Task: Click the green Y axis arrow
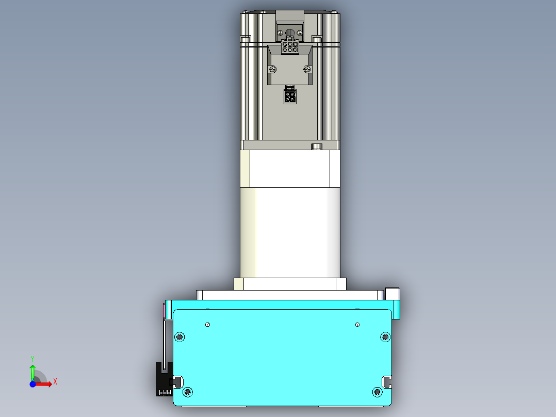tap(32, 371)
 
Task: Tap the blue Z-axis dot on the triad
tap(32, 384)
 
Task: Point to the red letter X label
tap(55, 381)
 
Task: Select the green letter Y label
tap(32, 358)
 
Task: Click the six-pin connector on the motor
tap(290, 47)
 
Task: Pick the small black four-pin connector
tap(290, 96)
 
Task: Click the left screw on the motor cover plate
tap(272, 69)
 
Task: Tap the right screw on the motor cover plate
tap(308, 69)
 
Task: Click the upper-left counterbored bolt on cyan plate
tap(179, 337)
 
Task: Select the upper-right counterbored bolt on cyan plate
tap(385, 337)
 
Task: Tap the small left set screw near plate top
tap(207, 325)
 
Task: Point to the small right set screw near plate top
tap(357, 325)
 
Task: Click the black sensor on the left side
tap(163, 379)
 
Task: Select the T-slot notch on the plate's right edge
tap(387, 381)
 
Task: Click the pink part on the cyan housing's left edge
tap(165, 311)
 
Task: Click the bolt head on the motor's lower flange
tap(316, 147)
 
